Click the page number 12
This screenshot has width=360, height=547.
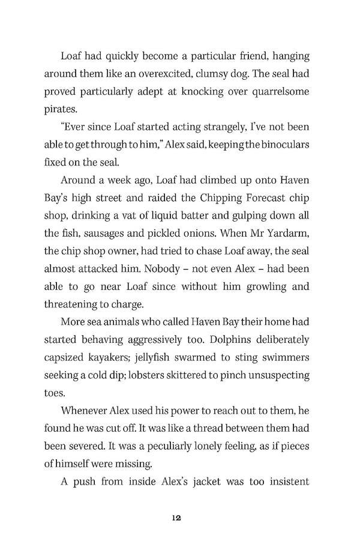click(175, 516)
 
